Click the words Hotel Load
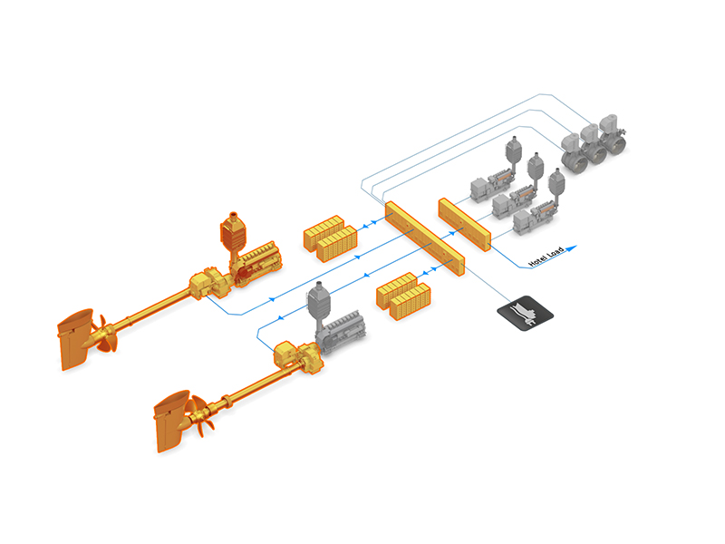tap(546, 257)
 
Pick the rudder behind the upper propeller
tap(74, 342)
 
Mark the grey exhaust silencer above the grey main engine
tap(318, 303)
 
